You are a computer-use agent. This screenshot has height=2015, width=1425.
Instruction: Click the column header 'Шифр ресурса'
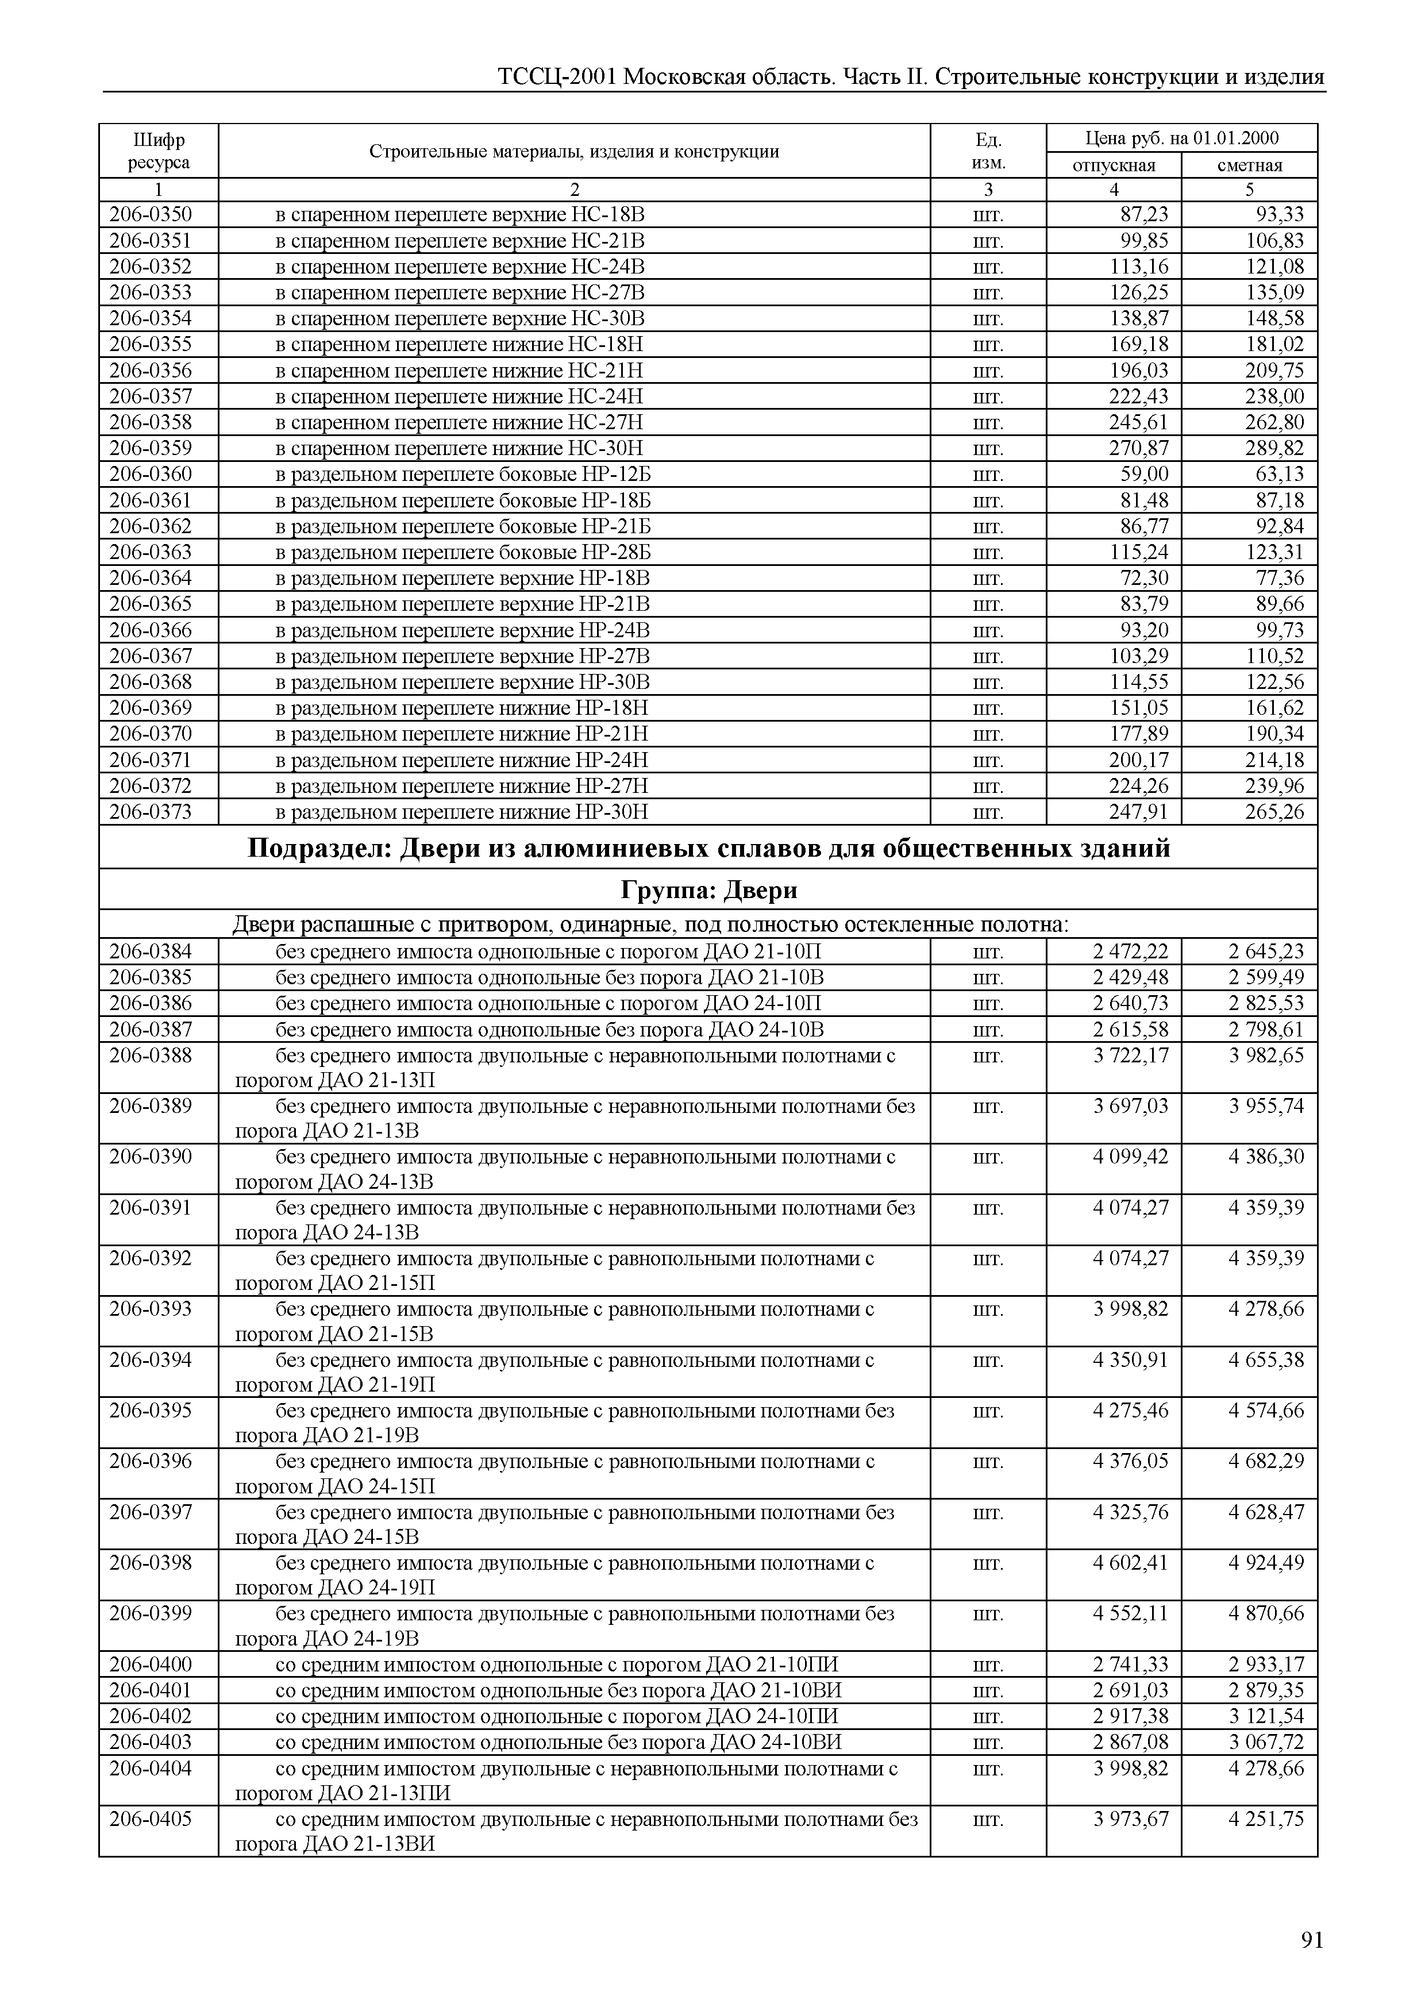[x=158, y=151]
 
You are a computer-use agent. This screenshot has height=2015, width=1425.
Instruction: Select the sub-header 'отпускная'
[x=1114, y=165]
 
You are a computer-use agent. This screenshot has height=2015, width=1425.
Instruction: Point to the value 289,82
[x=1274, y=449]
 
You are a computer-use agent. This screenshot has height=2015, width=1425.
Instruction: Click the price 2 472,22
[x=1130, y=951]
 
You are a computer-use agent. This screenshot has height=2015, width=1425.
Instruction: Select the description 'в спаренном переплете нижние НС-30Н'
[x=459, y=449]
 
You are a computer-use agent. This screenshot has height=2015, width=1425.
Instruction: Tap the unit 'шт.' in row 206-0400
[x=988, y=1665]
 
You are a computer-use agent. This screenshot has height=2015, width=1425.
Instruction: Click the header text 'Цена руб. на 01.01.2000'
[x=1181, y=138]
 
